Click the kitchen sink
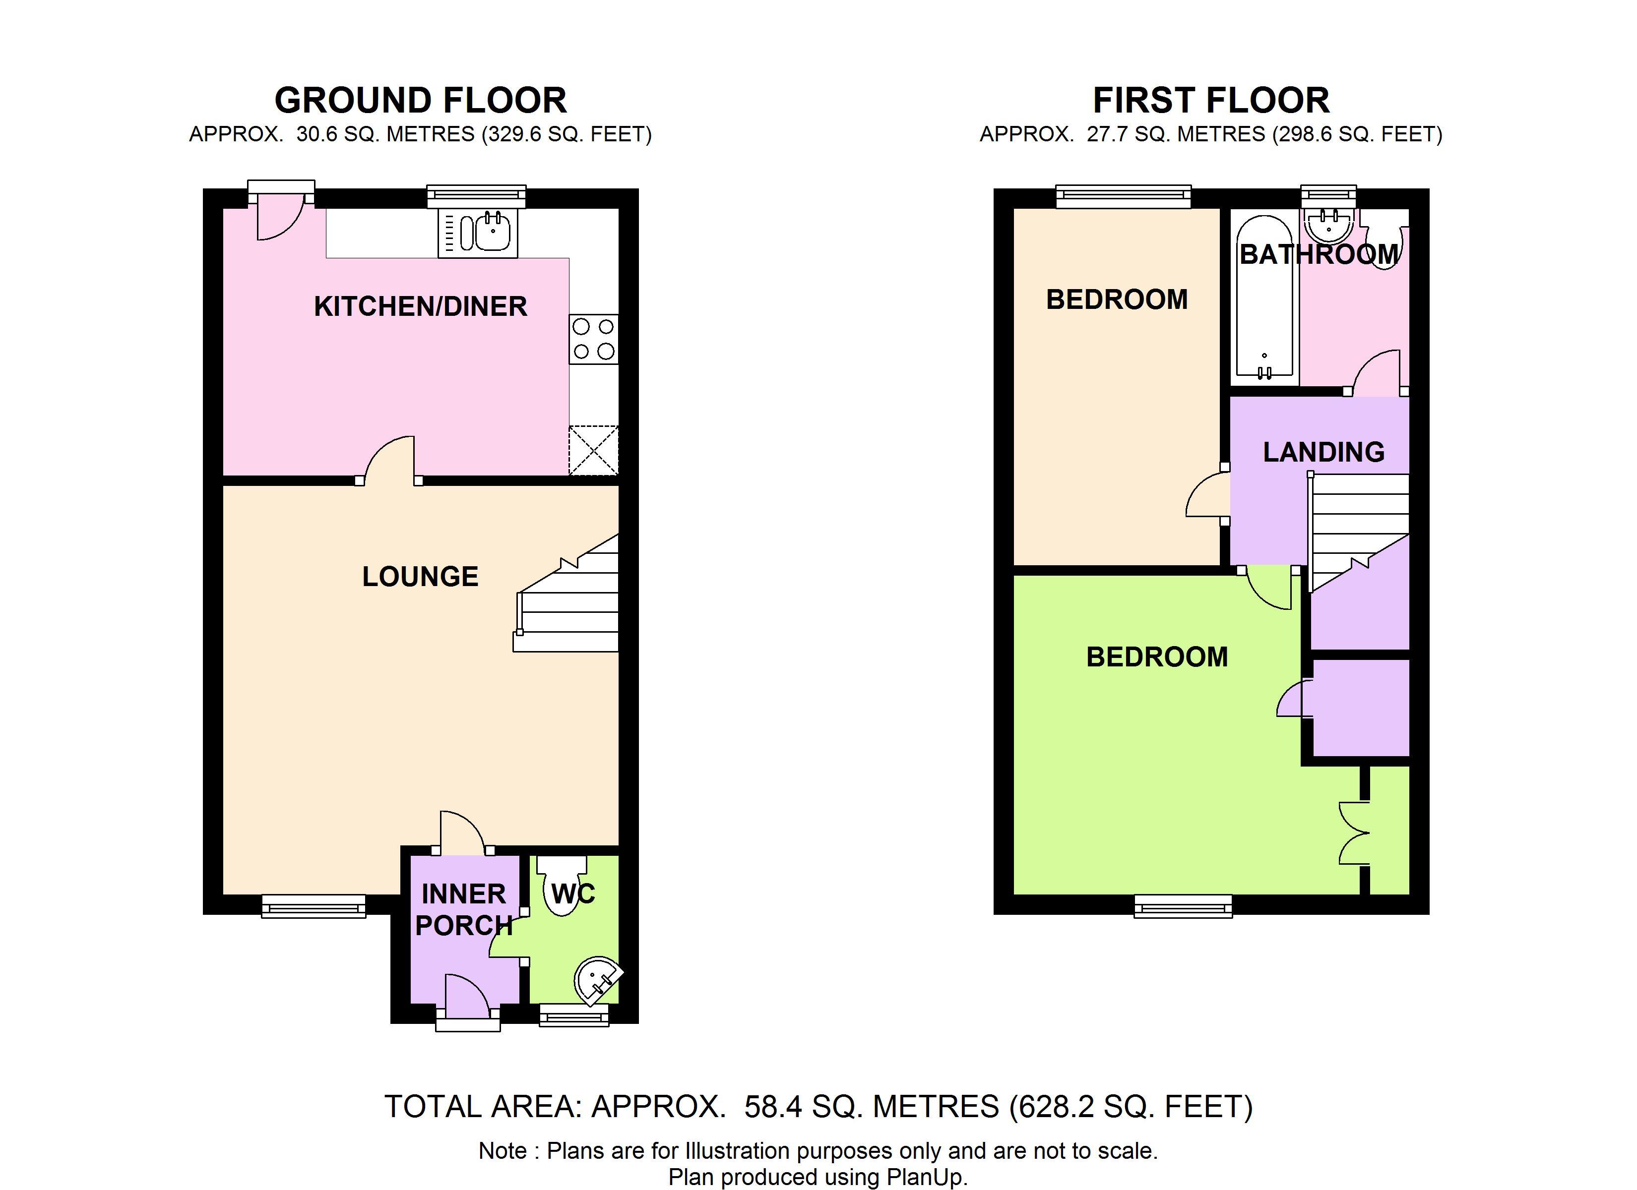pyautogui.click(x=478, y=233)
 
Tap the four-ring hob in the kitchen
pyautogui.click(x=593, y=339)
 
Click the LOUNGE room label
pyautogui.click(x=420, y=577)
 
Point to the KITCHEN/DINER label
pyautogui.click(x=420, y=307)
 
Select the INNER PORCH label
pyautogui.click(x=463, y=909)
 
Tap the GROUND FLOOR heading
pyautogui.click(x=421, y=100)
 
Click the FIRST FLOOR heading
pyautogui.click(x=1211, y=100)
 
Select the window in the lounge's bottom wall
pyautogui.click(x=313, y=906)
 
